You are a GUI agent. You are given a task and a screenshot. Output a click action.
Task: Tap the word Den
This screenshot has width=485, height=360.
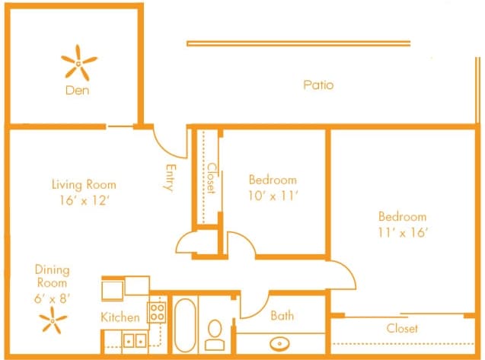78,91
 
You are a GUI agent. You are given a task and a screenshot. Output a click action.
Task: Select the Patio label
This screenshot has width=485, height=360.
318,85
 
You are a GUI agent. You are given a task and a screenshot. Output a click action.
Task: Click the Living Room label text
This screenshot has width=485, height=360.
84,184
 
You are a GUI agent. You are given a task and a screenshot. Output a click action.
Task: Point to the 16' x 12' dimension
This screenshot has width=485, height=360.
84,201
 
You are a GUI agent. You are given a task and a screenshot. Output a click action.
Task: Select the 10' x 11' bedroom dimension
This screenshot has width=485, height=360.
273,196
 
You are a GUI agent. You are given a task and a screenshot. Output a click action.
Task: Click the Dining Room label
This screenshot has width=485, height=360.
52,276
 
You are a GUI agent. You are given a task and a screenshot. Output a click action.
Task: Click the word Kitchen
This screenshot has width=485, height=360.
120,317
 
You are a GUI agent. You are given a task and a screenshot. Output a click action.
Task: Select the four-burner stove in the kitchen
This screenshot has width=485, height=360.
157,311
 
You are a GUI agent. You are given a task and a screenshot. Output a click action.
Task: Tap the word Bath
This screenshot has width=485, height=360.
282,315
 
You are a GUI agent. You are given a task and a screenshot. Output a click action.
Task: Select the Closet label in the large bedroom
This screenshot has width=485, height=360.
402,329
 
